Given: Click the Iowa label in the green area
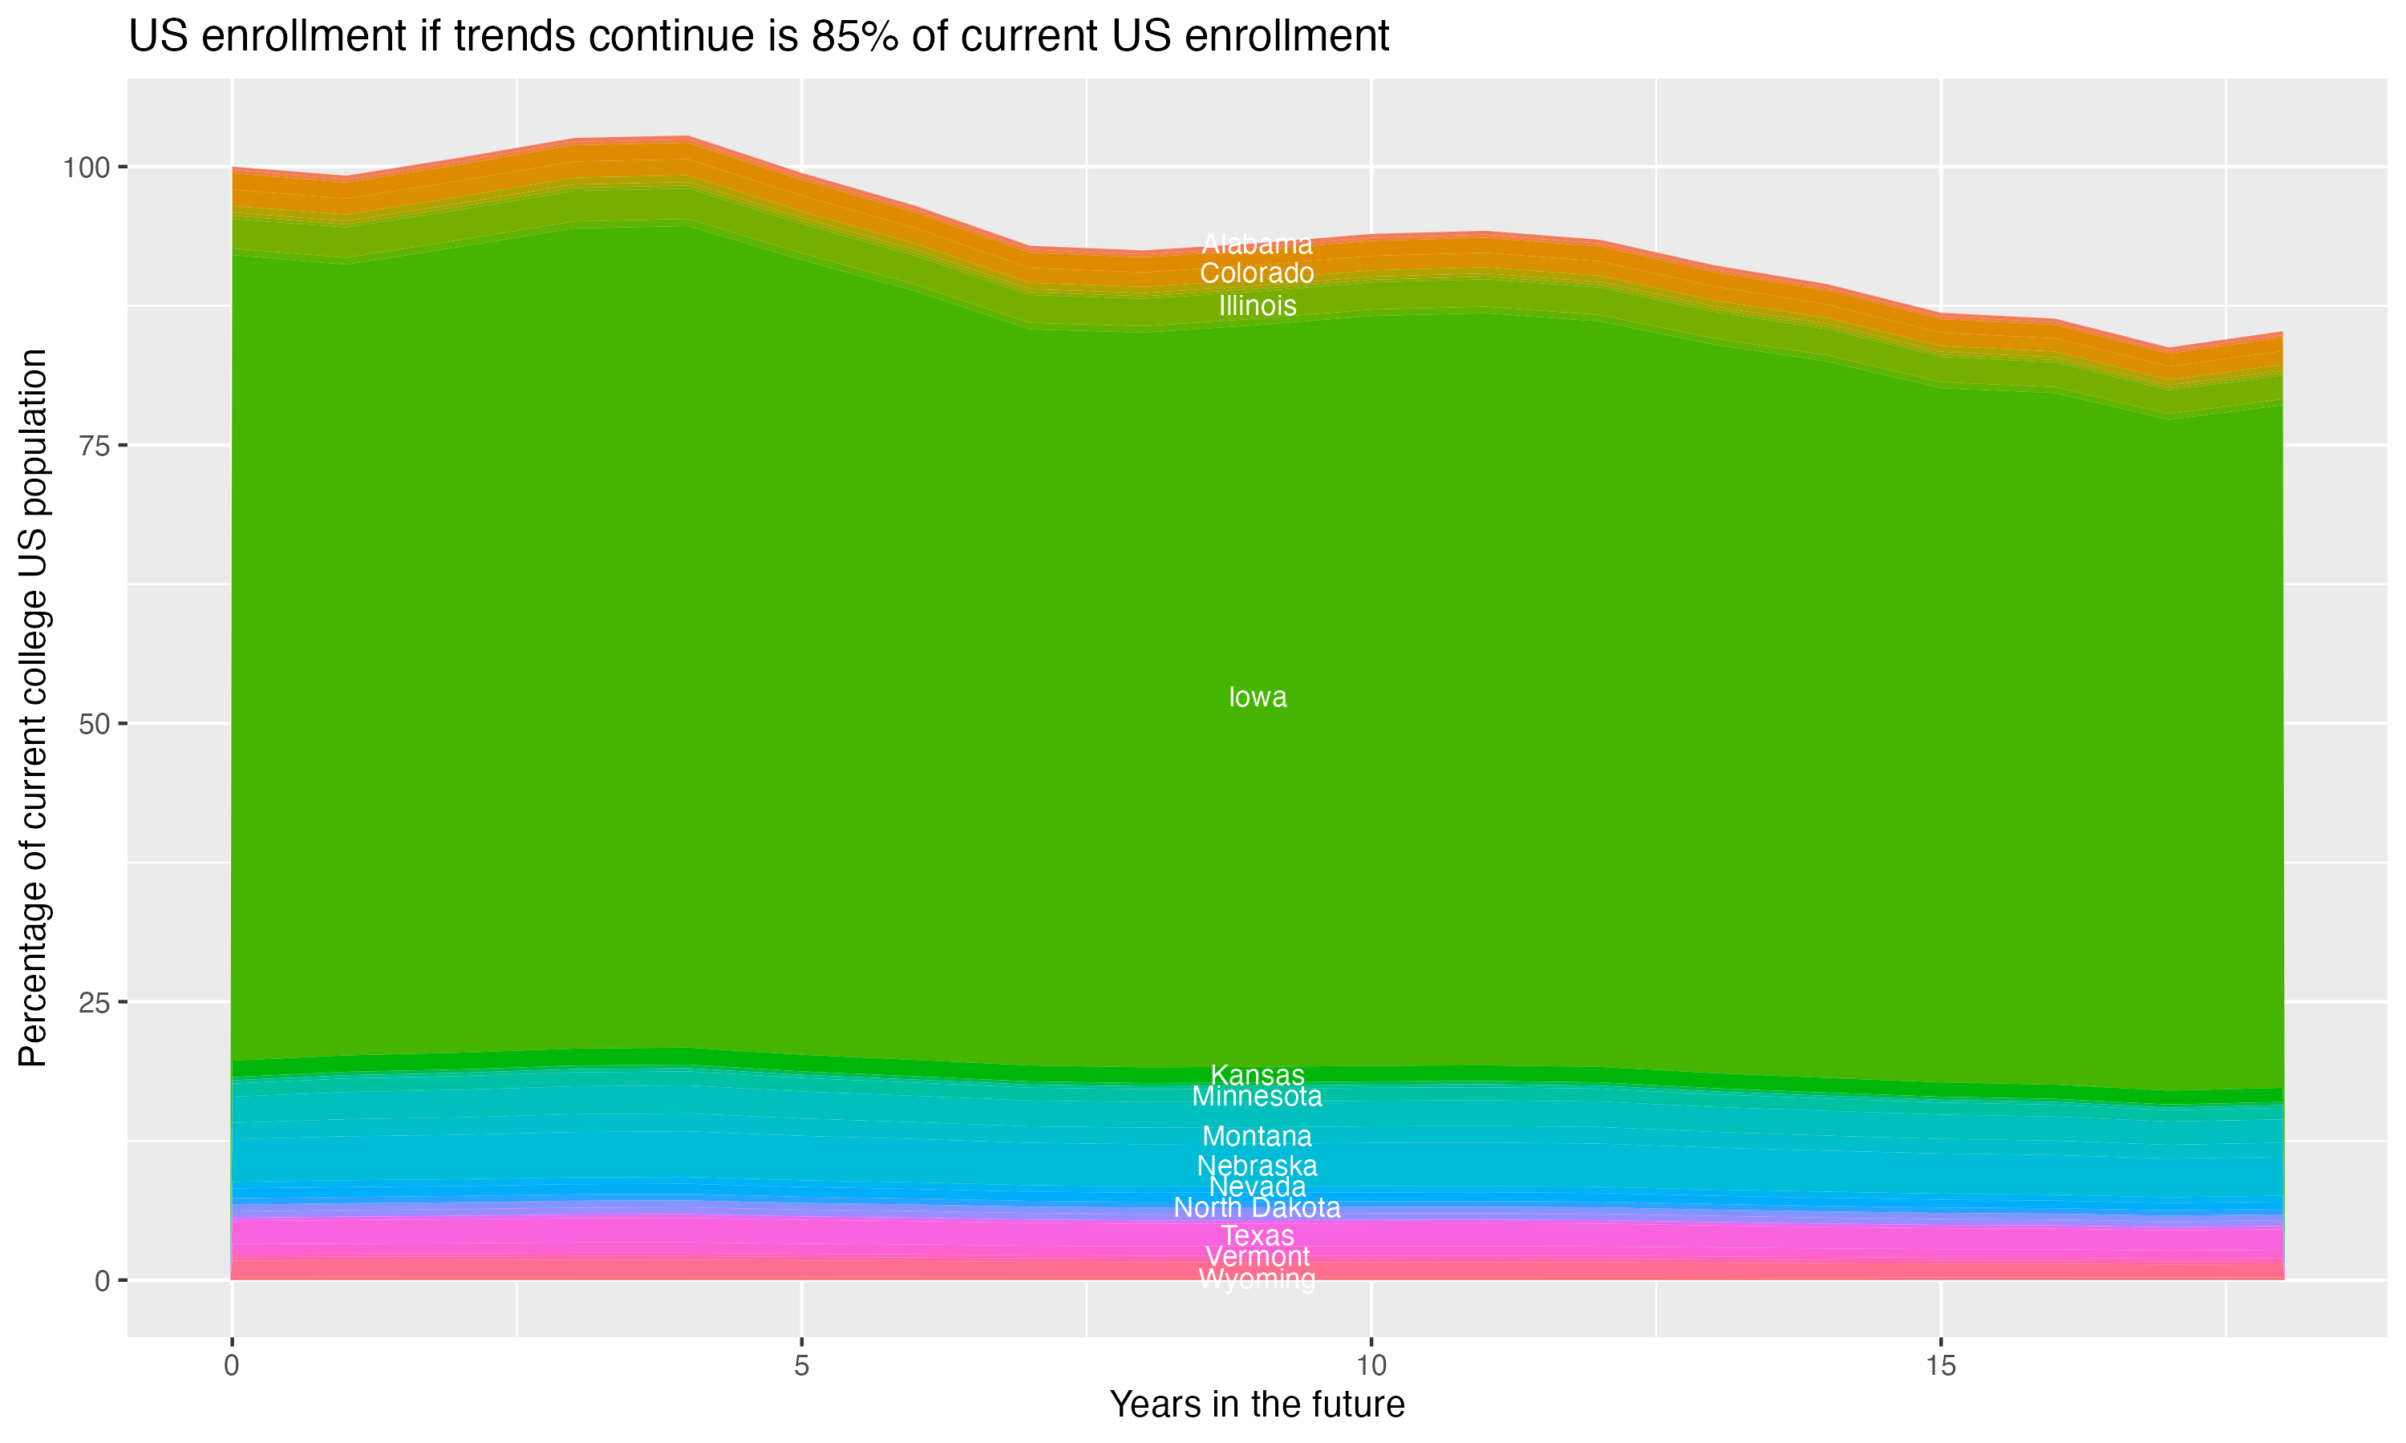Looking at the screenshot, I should tap(1257, 697).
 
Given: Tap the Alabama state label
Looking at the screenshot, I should tap(1257, 244).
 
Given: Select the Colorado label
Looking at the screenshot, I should tap(1257, 273).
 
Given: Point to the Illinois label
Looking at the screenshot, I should tap(1257, 305).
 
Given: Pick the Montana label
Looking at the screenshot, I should tap(1257, 1136).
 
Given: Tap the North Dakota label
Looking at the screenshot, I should tap(1257, 1207).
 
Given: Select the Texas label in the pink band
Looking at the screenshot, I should tap(1257, 1236).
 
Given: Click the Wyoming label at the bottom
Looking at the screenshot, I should tap(1257, 1279).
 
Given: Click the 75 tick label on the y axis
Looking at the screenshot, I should tap(90, 446).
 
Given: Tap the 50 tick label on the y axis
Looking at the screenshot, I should tap(90, 723).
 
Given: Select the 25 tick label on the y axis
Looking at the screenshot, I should tap(90, 1001).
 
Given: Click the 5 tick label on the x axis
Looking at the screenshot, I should tap(801, 1366).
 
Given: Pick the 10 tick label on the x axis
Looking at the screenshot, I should tap(1371, 1366).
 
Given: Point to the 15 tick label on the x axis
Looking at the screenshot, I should tap(1940, 1366).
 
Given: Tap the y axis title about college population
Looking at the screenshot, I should tap(33, 707).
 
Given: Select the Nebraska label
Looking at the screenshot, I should tap(1257, 1165).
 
